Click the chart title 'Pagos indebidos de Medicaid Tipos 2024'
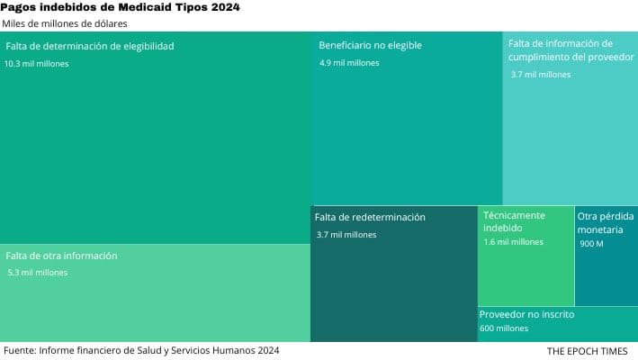click(x=121, y=7)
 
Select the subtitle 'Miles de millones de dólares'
click(x=65, y=23)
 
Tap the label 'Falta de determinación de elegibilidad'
click(x=90, y=46)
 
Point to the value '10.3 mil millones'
click(x=36, y=64)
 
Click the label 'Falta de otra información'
click(x=61, y=256)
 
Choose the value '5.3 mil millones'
click(x=37, y=273)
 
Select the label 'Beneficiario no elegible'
click(x=370, y=45)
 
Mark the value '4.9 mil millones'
click(x=349, y=63)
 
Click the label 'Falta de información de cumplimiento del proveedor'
click(x=561, y=50)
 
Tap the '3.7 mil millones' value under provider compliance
click(x=541, y=75)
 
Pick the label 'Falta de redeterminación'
click(x=370, y=217)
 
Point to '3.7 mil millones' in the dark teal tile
click(x=346, y=235)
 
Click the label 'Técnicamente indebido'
click(x=514, y=221)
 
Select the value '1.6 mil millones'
click(x=513, y=242)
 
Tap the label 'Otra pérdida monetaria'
click(x=606, y=223)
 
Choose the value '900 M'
click(x=591, y=244)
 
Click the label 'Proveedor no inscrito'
click(x=526, y=315)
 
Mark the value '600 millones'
click(x=504, y=329)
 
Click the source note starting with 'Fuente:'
click(x=140, y=350)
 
